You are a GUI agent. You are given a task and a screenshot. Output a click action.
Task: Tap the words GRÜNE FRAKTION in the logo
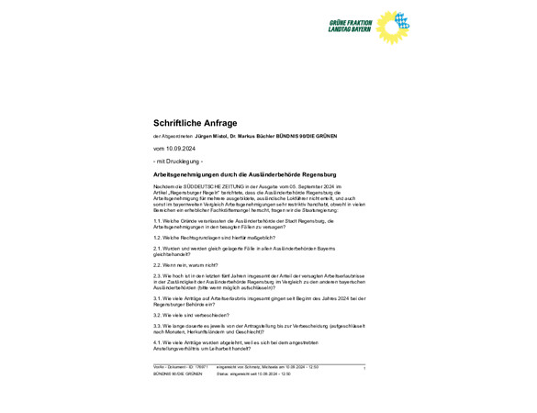pos(350,22)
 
